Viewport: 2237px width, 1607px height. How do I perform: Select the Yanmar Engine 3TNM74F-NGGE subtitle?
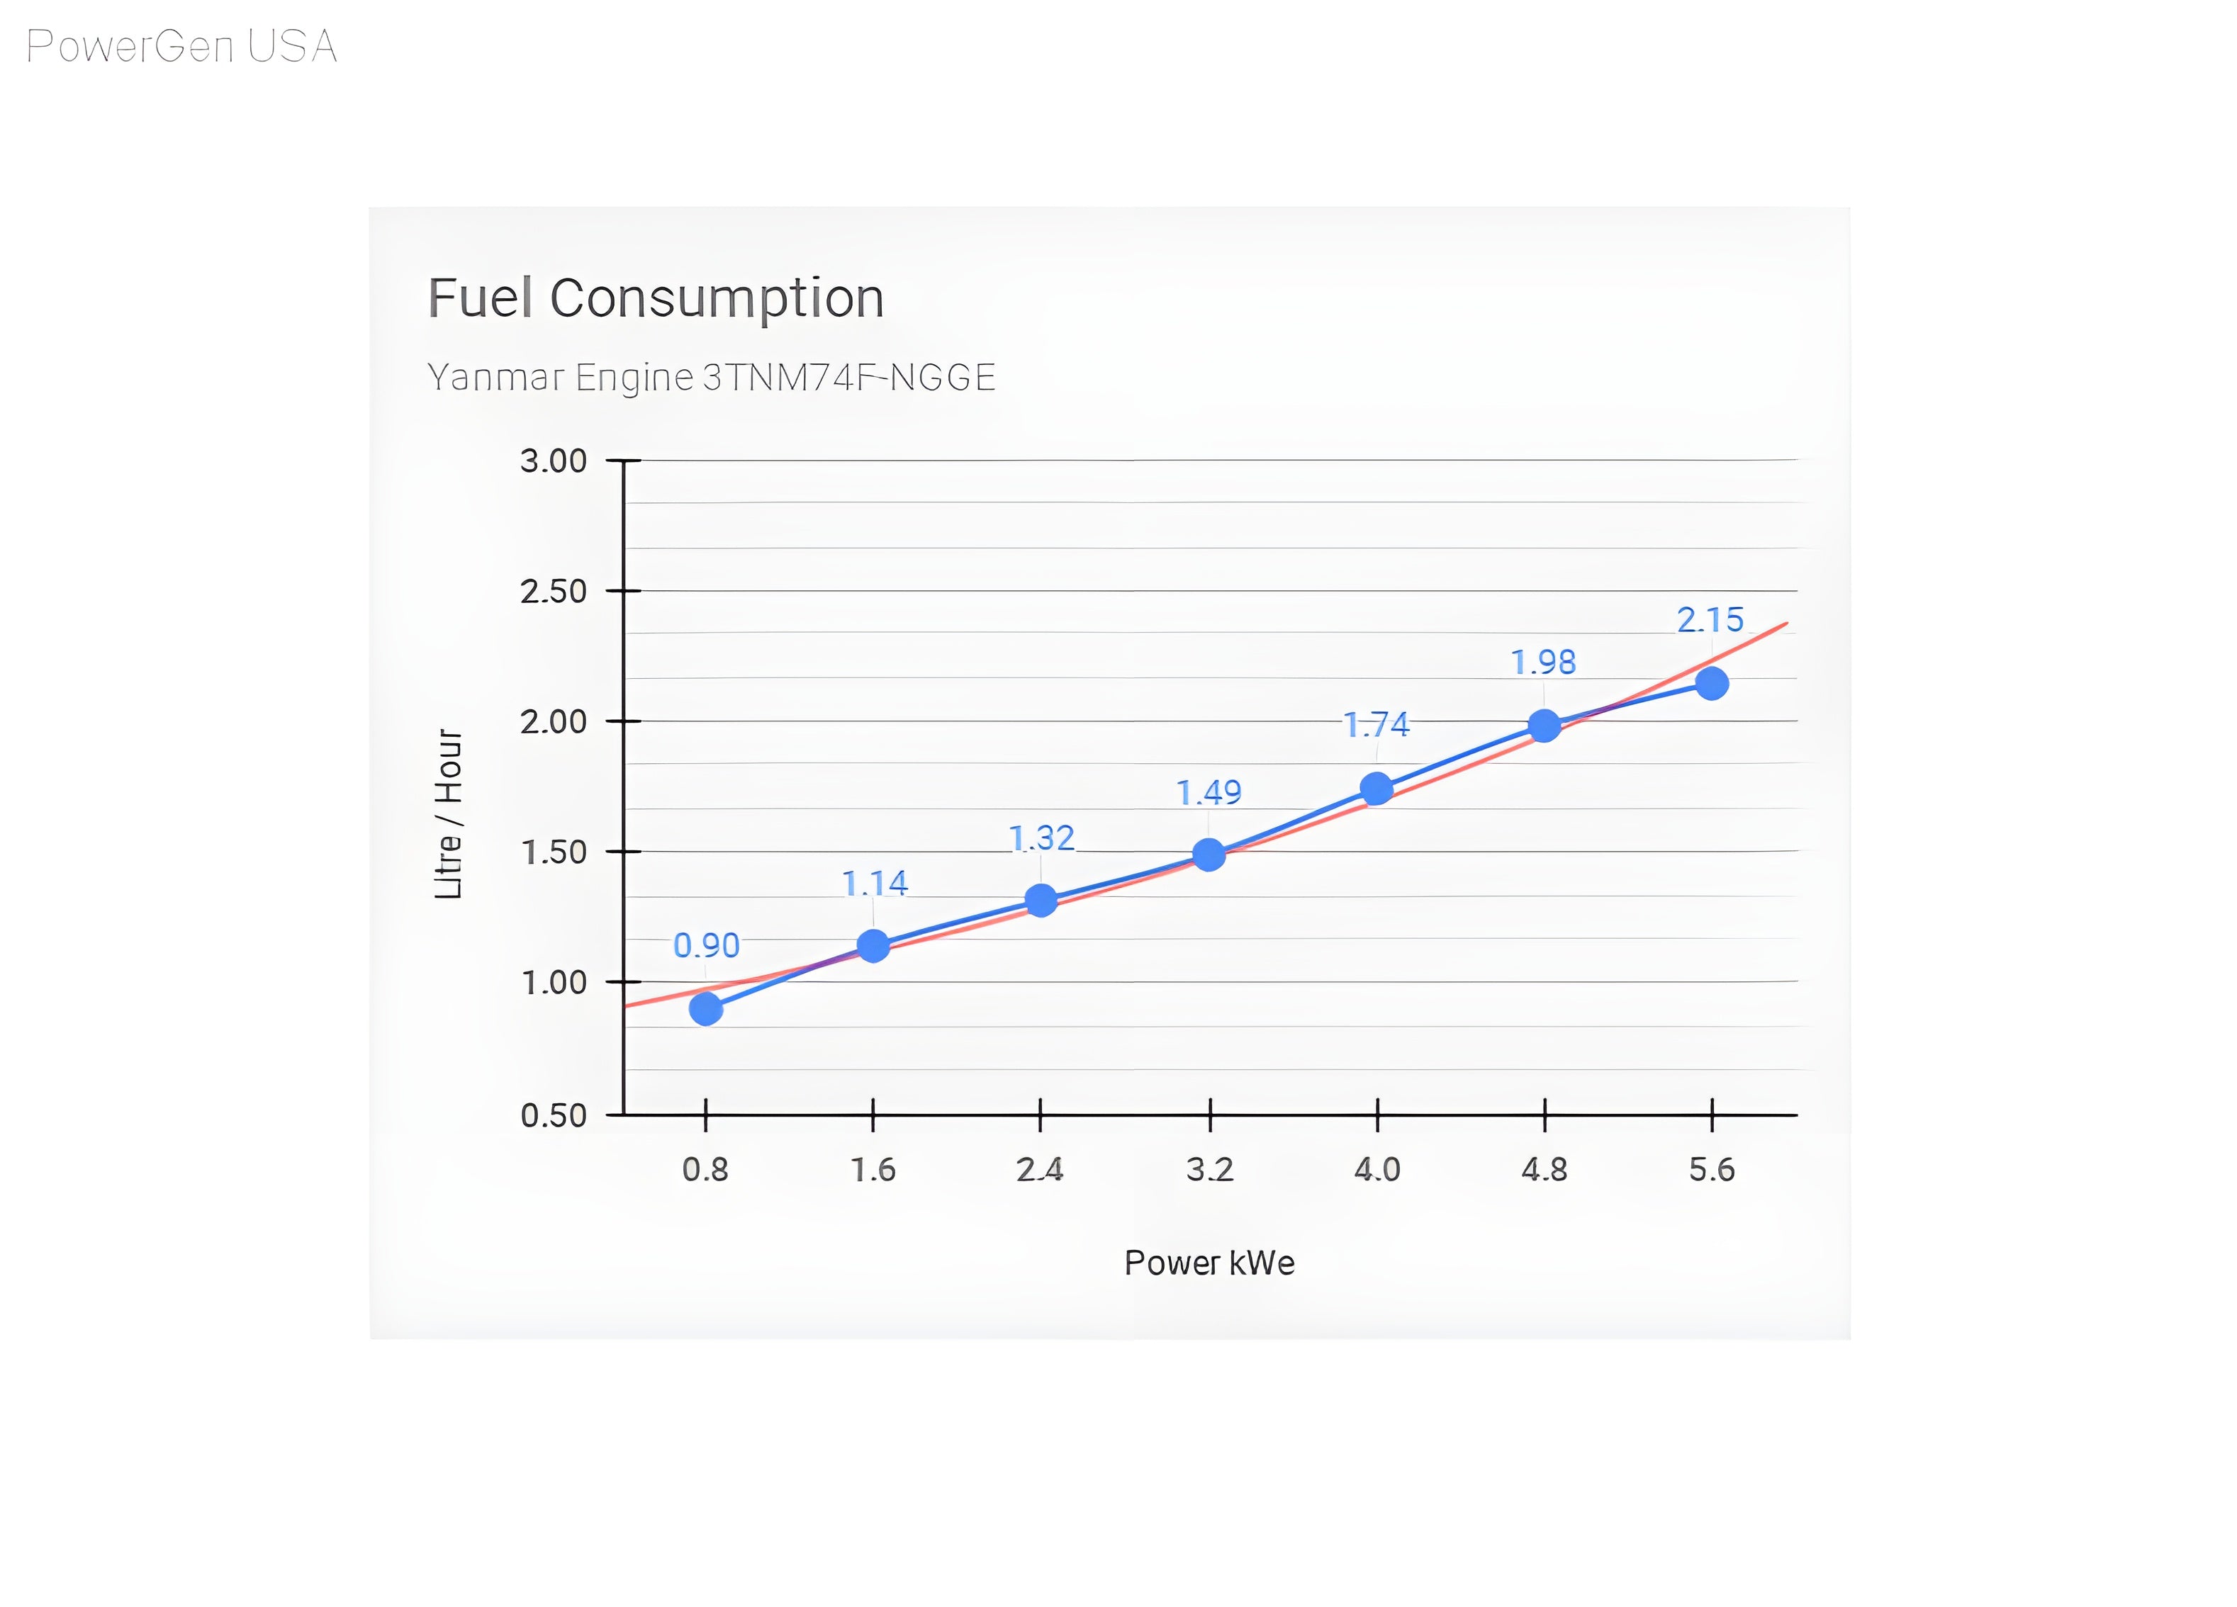pyautogui.click(x=711, y=378)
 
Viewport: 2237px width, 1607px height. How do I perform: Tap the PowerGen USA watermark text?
pyautogui.click(x=181, y=46)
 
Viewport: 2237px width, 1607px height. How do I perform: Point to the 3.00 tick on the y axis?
pyautogui.click(x=554, y=461)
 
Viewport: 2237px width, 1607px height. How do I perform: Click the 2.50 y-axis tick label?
pyautogui.click(x=554, y=592)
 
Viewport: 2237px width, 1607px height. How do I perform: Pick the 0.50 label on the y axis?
pyautogui.click(x=554, y=1116)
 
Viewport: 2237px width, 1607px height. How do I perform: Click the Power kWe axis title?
pyautogui.click(x=1209, y=1263)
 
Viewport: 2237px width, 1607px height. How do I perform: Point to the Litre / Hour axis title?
pyautogui.click(x=449, y=814)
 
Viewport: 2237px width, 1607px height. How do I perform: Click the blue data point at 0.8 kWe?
pyautogui.click(x=706, y=1008)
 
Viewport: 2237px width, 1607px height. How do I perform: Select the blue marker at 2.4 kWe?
pyautogui.click(x=1041, y=900)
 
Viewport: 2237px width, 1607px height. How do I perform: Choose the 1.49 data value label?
pyautogui.click(x=1209, y=793)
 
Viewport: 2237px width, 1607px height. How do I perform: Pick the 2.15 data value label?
pyautogui.click(x=1710, y=620)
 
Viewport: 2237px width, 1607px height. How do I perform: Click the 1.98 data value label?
pyautogui.click(x=1544, y=662)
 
